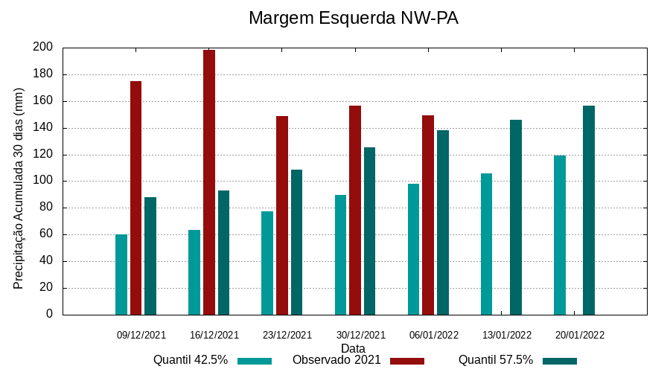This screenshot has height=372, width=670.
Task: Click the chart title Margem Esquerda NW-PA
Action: point(353,18)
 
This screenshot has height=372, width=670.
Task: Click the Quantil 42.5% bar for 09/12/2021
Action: point(121,275)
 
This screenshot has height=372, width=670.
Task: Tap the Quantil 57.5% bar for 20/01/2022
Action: point(589,210)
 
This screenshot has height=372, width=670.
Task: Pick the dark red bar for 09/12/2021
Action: point(136,198)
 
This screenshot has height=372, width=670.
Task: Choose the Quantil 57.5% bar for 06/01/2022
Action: point(443,222)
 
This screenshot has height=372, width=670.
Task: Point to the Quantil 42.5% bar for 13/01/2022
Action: point(487,244)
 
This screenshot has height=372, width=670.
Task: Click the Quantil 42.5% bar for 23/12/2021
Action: point(267,263)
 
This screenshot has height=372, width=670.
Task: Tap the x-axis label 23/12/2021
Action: point(287,335)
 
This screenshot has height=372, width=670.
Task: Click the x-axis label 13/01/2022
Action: point(507,335)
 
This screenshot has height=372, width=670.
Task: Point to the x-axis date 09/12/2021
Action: point(141,335)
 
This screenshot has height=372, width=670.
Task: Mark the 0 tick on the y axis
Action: point(49,314)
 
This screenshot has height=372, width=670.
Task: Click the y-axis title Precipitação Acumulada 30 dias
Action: point(19,188)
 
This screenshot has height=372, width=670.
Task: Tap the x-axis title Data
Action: point(353,348)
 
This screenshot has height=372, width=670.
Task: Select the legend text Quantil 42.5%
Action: point(191,360)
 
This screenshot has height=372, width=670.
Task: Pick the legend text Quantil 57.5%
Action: point(496,360)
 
